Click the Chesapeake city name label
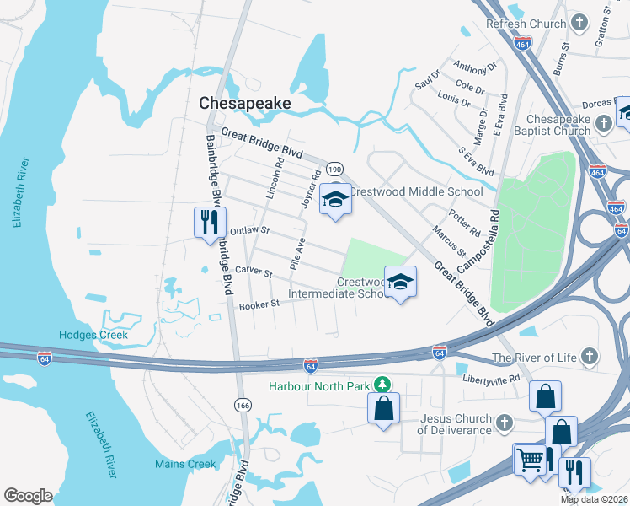[x=245, y=103]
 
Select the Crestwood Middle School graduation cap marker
[x=335, y=200]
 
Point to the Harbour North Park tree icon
[x=382, y=385]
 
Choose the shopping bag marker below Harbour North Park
[x=383, y=409]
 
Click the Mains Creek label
[x=185, y=464]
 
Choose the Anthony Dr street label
[x=475, y=66]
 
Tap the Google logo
[x=28, y=496]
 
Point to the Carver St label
[x=254, y=272]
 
